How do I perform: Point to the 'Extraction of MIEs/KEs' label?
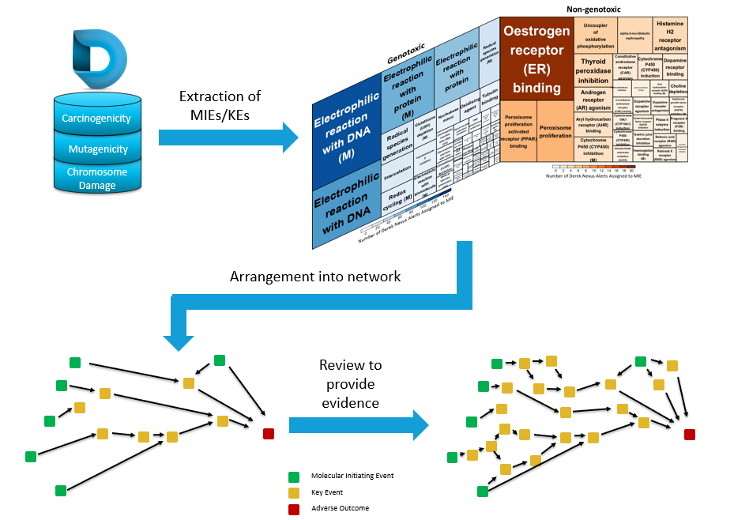coord(220,105)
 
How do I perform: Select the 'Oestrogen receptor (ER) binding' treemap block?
coord(536,59)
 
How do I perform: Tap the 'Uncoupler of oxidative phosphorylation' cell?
coord(604,36)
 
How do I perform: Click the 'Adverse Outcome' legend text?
coord(340,508)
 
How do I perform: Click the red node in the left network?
coord(269,432)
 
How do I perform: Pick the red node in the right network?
coord(690,434)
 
